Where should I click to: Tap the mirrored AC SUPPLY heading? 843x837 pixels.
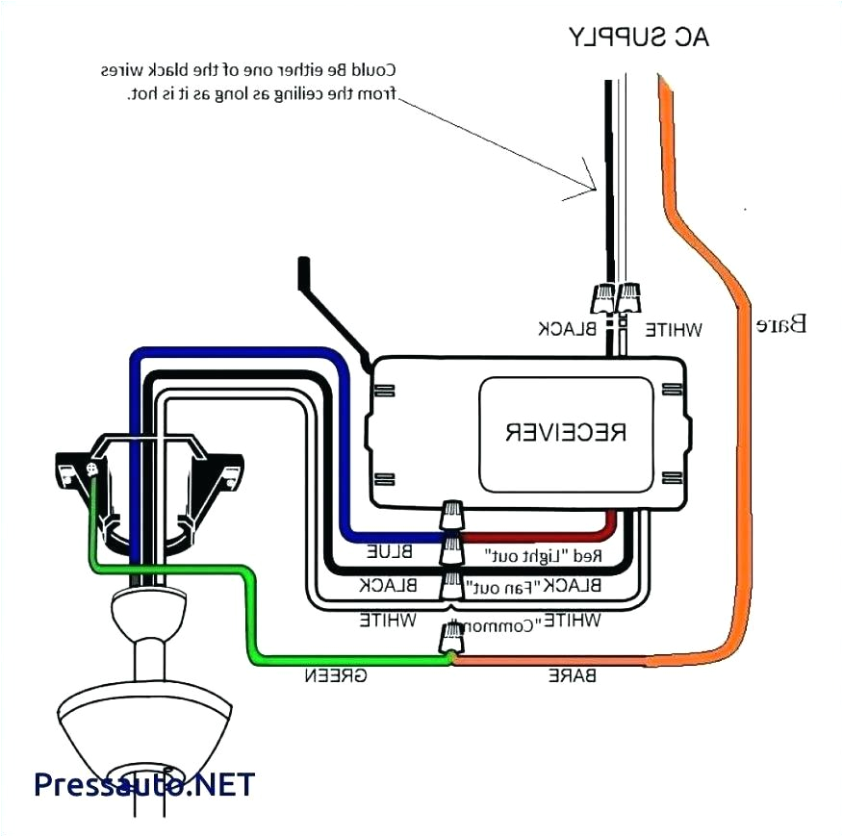tap(639, 38)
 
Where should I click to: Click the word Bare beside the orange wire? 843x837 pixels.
tap(781, 324)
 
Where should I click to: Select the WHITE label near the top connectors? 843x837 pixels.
tap(673, 330)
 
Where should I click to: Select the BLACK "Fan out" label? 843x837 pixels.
tap(533, 585)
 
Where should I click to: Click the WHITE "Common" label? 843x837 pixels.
tap(532, 621)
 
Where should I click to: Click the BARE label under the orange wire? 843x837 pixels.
tap(572, 675)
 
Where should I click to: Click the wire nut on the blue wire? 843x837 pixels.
tap(450, 518)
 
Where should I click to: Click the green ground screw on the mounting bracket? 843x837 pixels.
tap(93, 469)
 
